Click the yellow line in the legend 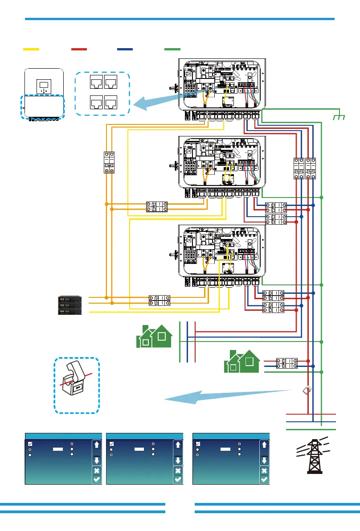point(31,48)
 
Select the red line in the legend point(79,48)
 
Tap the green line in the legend point(172,48)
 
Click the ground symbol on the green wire point(340,116)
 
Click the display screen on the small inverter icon point(43,84)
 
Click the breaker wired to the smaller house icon point(287,363)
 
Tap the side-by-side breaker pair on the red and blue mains point(305,169)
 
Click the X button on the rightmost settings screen point(264,470)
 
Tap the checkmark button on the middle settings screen point(178,479)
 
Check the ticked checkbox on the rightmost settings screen point(198,444)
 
